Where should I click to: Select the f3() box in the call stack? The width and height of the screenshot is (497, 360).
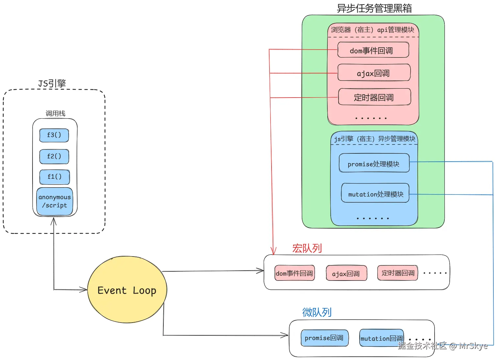[x=54, y=135]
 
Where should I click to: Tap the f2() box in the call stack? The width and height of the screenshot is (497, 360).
[x=54, y=156]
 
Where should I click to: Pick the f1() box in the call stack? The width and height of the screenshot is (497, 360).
[x=55, y=177]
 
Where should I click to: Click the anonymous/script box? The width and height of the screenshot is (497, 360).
[x=55, y=201]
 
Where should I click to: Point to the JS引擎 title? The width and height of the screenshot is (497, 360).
[x=52, y=83]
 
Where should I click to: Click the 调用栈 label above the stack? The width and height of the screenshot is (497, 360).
[x=55, y=113]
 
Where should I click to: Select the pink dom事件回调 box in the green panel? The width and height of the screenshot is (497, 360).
[x=373, y=50]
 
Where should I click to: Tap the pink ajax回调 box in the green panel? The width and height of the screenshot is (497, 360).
[x=374, y=73]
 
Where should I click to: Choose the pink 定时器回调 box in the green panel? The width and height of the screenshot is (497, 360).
[x=374, y=97]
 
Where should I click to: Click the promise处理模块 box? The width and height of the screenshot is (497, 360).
[x=374, y=164]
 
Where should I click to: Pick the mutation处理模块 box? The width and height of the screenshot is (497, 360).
[x=375, y=194]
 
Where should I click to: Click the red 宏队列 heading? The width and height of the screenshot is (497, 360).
[x=307, y=248]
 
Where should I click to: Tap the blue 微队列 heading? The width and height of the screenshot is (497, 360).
[x=317, y=312]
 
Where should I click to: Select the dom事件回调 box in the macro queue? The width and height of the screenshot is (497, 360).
[x=295, y=273]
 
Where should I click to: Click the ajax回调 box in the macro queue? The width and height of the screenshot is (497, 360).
[x=346, y=274]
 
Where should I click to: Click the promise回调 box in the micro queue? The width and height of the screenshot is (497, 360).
[x=324, y=338]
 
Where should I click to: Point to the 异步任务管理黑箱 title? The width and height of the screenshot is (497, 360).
[x=374, y=8]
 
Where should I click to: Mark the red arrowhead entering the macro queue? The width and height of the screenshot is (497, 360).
[x=273, y=252]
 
